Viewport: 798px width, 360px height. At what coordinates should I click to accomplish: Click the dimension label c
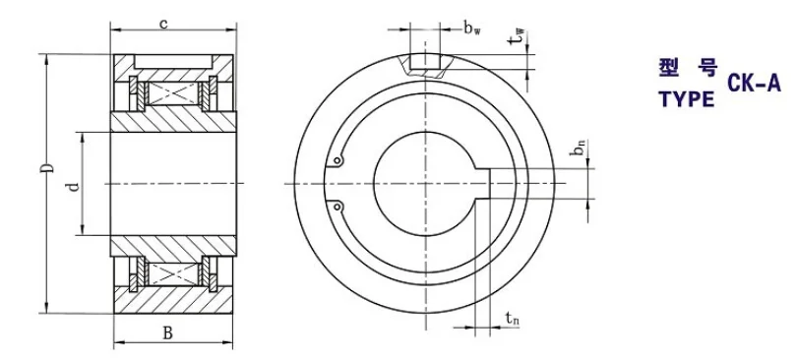point(162,24)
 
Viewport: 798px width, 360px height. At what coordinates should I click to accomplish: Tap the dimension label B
point(168,333)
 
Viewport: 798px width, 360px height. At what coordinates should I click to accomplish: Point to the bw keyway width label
point(471,28)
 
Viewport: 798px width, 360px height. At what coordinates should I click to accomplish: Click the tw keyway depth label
point(519,36)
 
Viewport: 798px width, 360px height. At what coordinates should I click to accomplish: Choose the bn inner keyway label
point(580,147)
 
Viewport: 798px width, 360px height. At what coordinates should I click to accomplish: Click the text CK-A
point(754,83)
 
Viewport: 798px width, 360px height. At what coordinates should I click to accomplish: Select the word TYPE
point(687,99)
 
